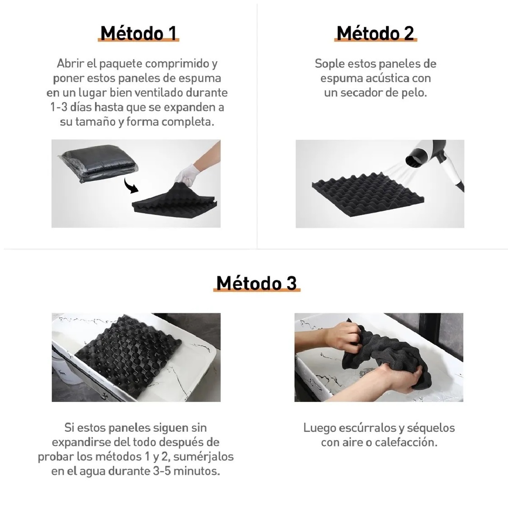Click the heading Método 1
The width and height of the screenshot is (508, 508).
pos(138,33)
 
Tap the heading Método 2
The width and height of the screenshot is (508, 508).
pos(375,33)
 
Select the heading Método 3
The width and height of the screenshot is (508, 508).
pos(257,283)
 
